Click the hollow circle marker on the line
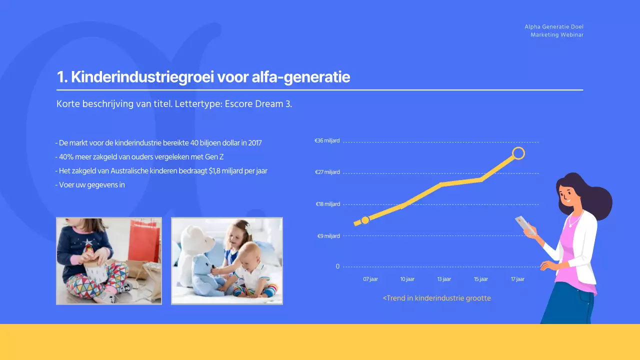click(518, 153)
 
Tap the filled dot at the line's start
click(365, 220)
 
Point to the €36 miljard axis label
click(327, 141)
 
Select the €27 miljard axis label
click(327, 172)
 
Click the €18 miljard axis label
click(327, 204)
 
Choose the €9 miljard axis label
click(328, 236)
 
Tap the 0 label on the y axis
click(337, 266)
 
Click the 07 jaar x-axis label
click(370, 279)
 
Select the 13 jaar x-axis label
click(443, 279)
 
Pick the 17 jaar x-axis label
click(517, 279)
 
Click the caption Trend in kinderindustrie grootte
click(437, 298)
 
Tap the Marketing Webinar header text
click(557, 35)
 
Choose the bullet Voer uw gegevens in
click(90, 184)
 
